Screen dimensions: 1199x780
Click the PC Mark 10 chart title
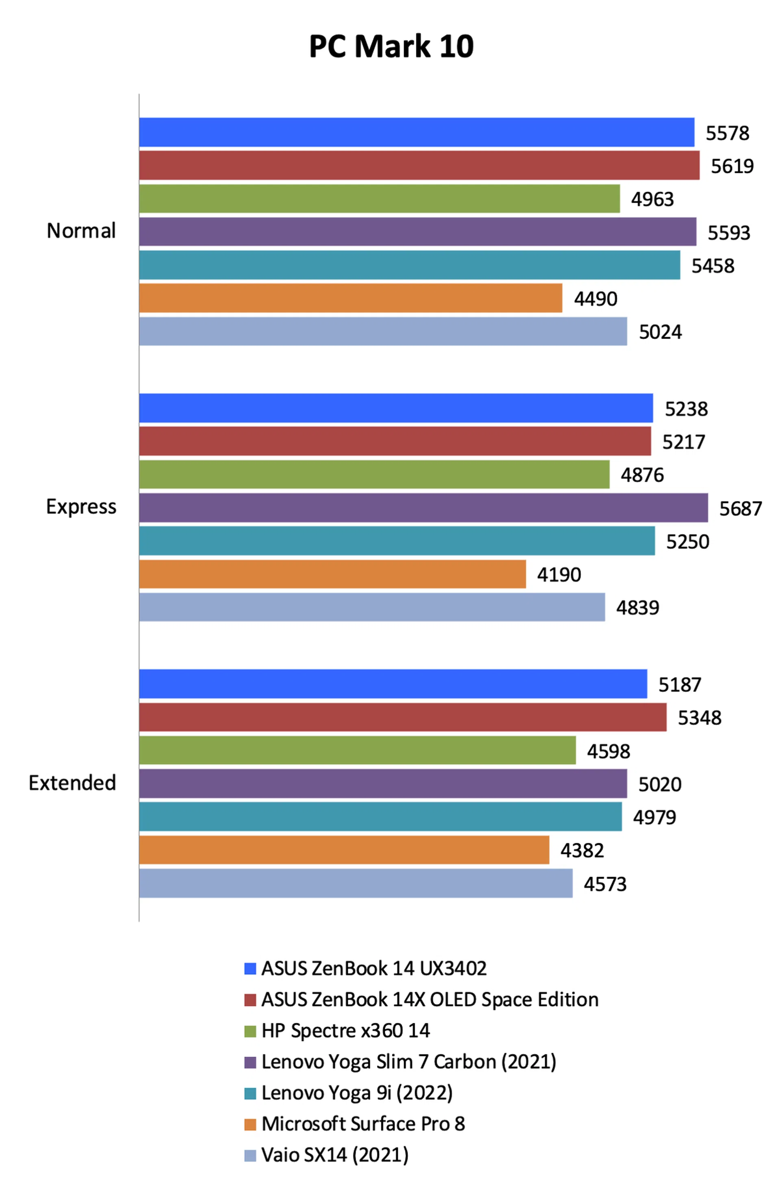click(x=391, y=46)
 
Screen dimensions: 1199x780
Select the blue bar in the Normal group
click(x=416, y=132)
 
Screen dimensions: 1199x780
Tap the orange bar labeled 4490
click(x=350, y=298)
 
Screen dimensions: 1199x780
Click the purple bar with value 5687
click(x=423, y=507)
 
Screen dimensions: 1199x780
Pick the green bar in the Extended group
click(x=357, y=750)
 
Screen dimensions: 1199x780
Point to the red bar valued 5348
click(x=403, y=717)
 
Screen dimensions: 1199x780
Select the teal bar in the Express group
click(x=396, y=541)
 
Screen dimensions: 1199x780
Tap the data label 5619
click(x=732, y=166)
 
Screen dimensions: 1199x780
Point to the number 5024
click(x=660, y=331)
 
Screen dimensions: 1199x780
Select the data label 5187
click(x=679, y=684)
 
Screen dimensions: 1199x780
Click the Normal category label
click(x=81, y=231)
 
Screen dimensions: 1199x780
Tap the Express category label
click(x=81, y=506)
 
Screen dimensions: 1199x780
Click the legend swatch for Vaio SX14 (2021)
click(x=250, y=1155)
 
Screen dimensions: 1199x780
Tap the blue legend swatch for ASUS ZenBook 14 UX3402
click(x=250, y=968)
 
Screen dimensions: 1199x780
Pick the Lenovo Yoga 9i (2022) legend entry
click(x=357, y=1093)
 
